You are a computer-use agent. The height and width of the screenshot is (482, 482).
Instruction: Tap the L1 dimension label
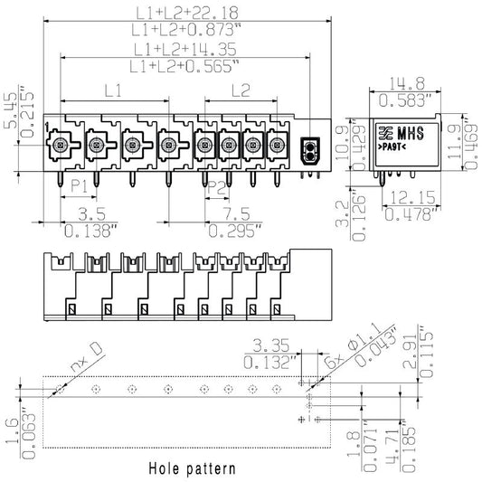(x=113, y=90)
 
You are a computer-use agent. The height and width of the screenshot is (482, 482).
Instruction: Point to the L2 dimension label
(x=240, y=90)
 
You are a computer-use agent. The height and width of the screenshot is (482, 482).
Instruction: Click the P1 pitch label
(x=79, y=186)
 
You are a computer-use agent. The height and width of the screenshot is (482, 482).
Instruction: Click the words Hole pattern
(x=192, y=468)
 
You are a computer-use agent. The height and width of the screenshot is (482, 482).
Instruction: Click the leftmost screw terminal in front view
(x=61, y=143)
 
